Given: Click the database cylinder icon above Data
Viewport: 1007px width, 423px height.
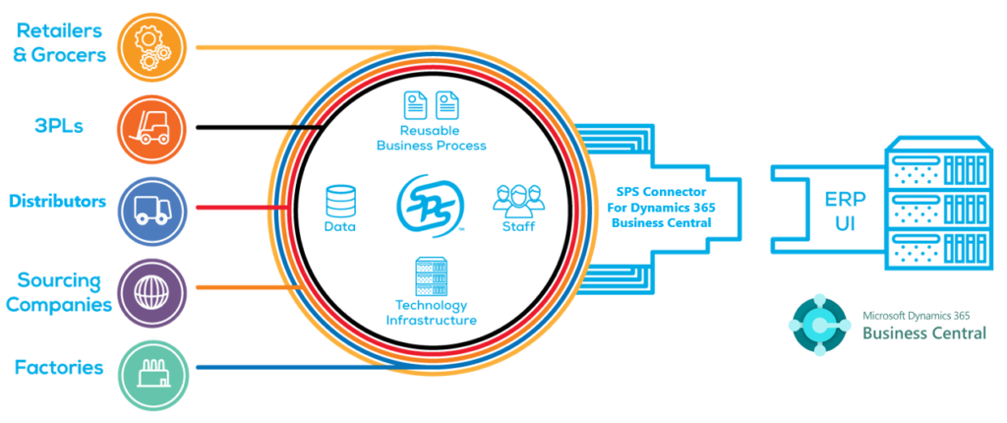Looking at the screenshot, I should pyautogui.click(x=339, y=201).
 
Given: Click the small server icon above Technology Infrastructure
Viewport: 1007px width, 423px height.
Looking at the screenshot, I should pyautogui.click(x=430, y=276).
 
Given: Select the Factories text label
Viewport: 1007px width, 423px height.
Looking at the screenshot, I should pyautogui.click(x=59, y=368).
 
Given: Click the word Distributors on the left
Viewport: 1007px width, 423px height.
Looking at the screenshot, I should pyautogui.click(x=57, y=202).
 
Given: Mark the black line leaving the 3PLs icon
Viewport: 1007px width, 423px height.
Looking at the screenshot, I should pyautogui.click(x=236, y=128).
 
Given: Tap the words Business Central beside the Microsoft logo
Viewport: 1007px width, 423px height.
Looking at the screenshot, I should pyautogui.click(x=923, y=333).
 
